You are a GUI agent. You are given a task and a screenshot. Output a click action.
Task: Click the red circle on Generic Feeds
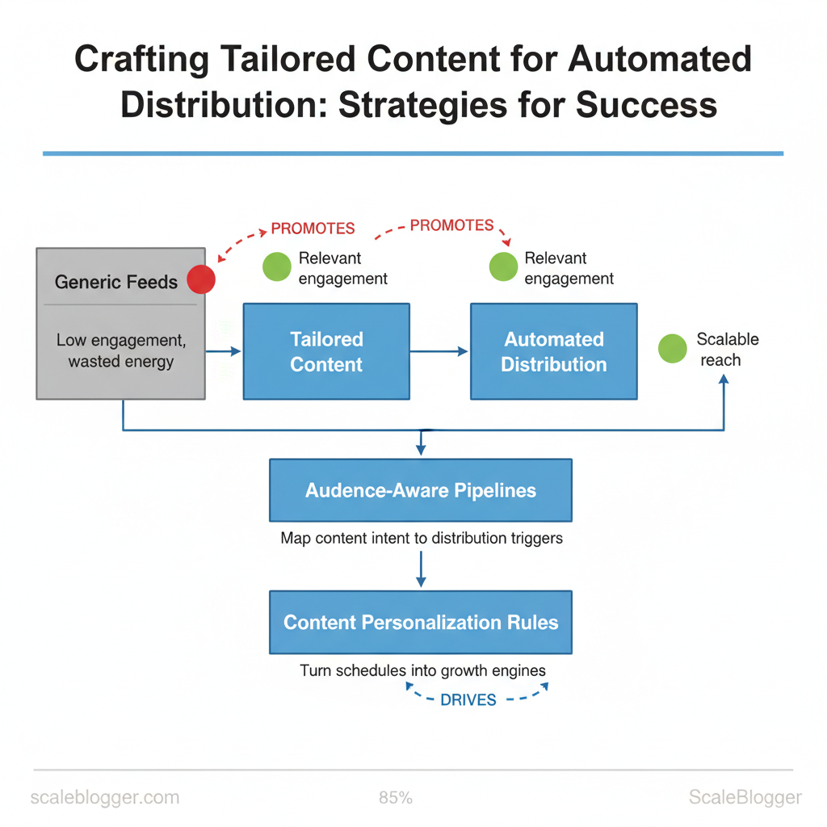(201, 279)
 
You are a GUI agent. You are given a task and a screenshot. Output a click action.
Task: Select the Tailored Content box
(326, 351)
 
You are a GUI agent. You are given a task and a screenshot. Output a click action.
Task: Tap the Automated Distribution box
(554, 351)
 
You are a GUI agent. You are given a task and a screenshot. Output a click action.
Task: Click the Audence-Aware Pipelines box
(421, 490)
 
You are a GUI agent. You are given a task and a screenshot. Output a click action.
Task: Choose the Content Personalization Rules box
(421, 623)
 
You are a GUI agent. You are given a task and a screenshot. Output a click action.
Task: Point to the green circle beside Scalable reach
(673, 349)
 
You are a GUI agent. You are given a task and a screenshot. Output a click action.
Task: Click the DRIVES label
(468, 700)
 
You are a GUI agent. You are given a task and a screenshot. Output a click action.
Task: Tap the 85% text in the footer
(396, 797)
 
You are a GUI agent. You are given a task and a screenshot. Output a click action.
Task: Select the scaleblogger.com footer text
(105, 797)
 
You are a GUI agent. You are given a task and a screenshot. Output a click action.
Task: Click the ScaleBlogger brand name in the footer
(745, 797)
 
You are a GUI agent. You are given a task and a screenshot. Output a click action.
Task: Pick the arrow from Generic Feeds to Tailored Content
(223, 351)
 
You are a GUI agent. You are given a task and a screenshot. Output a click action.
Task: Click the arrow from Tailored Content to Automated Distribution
(439, 351)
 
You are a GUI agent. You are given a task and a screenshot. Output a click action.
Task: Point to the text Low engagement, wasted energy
(121, 351)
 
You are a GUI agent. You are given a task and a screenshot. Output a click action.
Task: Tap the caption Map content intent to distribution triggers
(422, 538)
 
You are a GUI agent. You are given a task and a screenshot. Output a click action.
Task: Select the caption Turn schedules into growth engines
(422, 670)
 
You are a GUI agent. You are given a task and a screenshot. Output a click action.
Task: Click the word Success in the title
(646, 104)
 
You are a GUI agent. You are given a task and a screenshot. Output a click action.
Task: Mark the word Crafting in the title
(142, 60)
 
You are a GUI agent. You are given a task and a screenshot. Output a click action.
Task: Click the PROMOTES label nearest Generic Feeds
(313, 229)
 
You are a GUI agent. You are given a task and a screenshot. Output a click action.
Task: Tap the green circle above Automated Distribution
(503, 267)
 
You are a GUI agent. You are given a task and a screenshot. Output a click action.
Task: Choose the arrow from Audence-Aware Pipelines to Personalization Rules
(421, 569)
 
